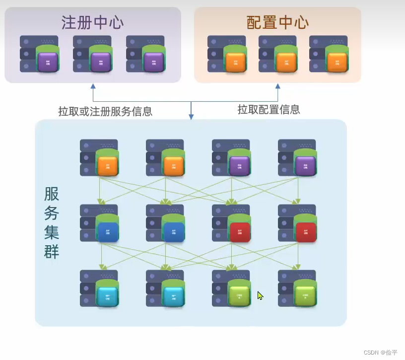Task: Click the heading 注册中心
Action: pyautogui.click(x=92, y=23)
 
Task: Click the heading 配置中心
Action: pyautogui.click(x=277, y=23)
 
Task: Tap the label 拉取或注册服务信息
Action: pyautogui.click(x=105, y=111)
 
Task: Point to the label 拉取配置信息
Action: pyautogui.click(x=269, y=109)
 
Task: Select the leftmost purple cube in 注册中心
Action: pyautogui.click(x=48, y=62)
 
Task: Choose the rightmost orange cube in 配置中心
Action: pyautogui.click(x=337, y=62)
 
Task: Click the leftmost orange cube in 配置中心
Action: pyautogui.click(x=235, y=62)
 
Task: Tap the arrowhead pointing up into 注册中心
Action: pyautogui.click(x=93, y=86)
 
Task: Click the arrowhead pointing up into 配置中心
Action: pyautogui.click(x=277, y=86)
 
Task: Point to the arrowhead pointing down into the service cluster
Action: pyautogui.click(x=191, y=117)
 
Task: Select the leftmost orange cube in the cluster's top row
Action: pyautogui.click(x=108, y=166)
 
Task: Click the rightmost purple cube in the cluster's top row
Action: pyautogui.click(x=305, y=166)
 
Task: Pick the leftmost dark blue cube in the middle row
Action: pyautogui.click(x=108, y=231)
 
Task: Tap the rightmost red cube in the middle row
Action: pyautogui.click(x=306, y=231)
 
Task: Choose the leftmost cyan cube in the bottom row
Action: pyautogui.click(x=108, y=296)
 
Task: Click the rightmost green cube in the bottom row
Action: pyautogui.click(x=305, y=296)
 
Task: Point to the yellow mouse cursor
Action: pyautogui.click(x=260, y=295)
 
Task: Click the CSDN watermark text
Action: pyautogui.click(x=380, y=353)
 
